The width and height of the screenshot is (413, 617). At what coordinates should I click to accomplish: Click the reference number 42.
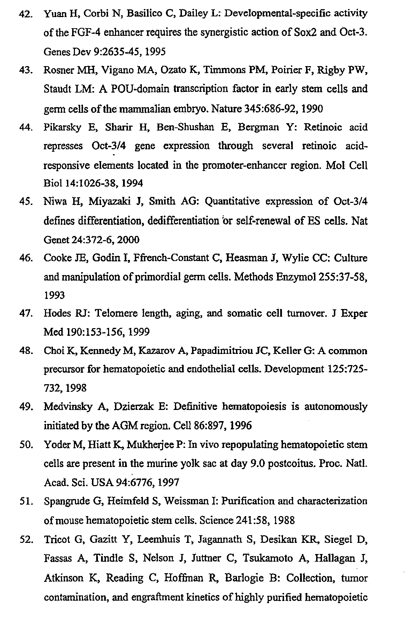click(x=26, y=14)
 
